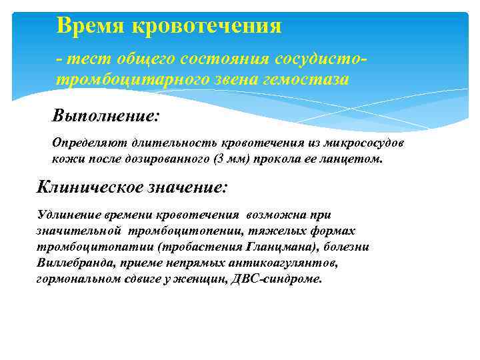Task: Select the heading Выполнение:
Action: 106,116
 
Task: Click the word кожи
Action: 65,159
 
